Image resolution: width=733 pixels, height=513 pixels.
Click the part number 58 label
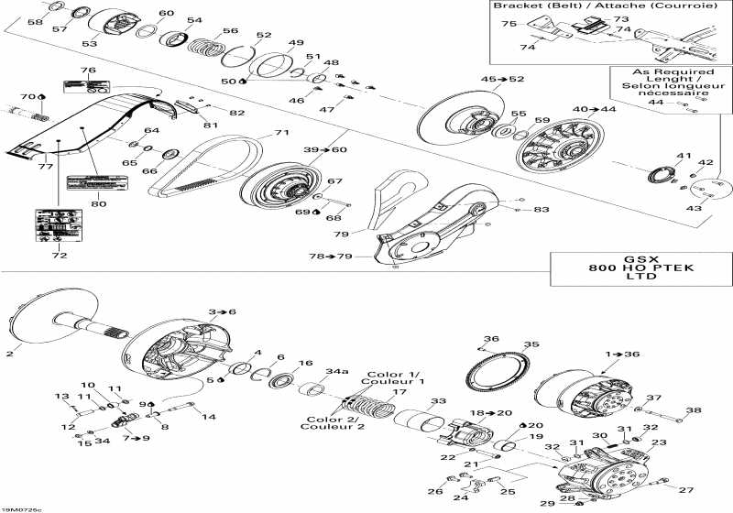pos(34,21)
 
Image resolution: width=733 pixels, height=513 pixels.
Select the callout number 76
pos(88,70)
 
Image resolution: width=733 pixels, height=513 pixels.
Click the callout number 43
pos(694,209)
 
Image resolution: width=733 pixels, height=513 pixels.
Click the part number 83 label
pos(542,210)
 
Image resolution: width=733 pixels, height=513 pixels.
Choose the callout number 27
pos(685,489)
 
